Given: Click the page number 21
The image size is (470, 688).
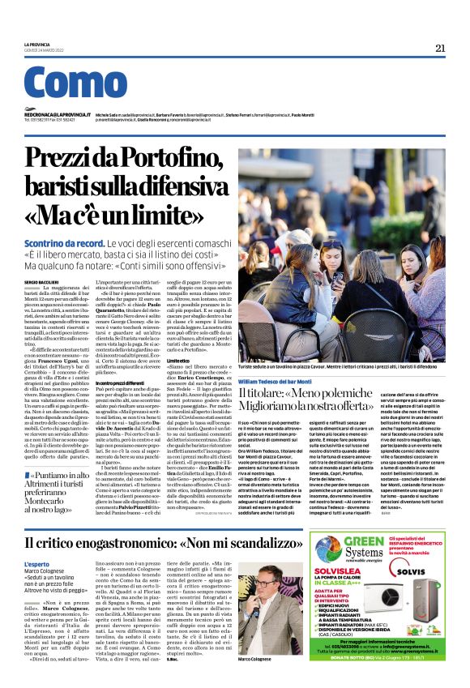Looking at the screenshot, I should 439,48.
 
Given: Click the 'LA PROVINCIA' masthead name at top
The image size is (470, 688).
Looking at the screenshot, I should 38,45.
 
